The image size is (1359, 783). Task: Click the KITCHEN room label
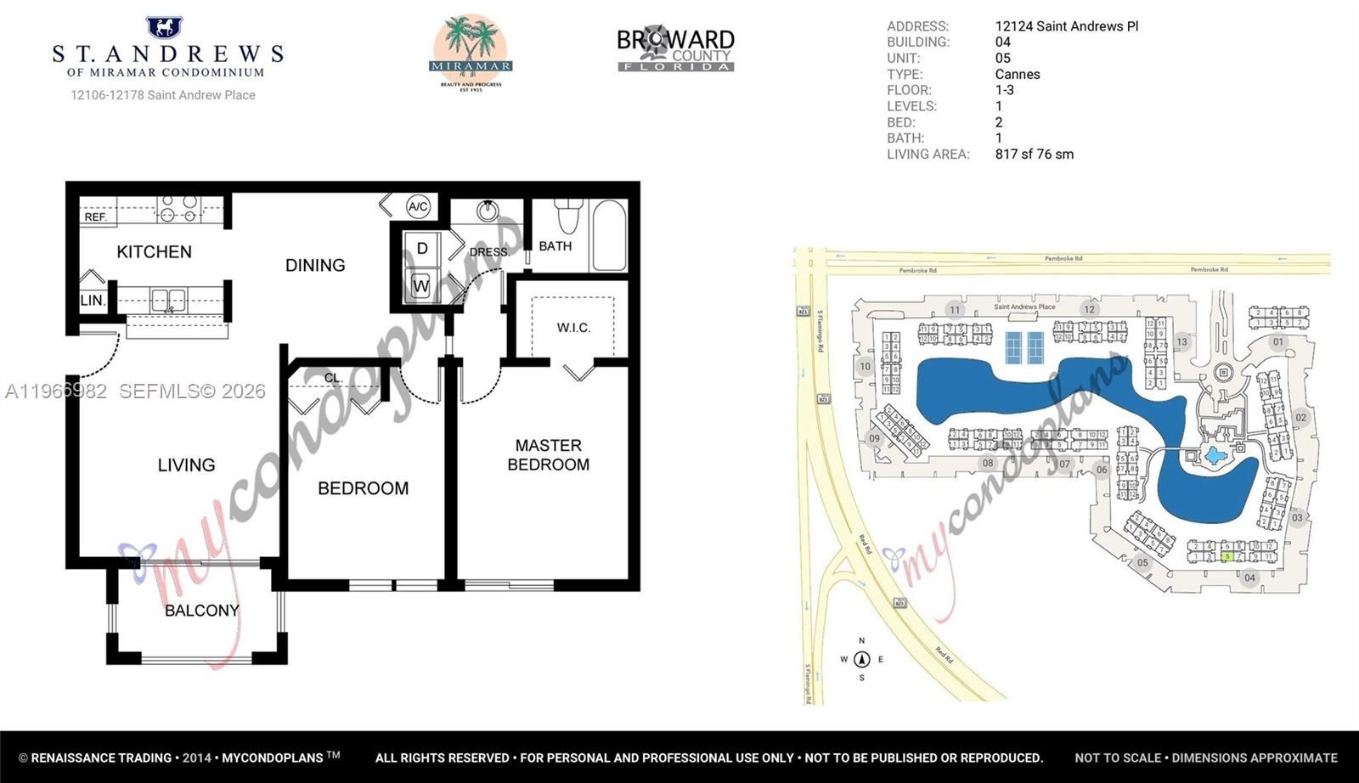(154, 251)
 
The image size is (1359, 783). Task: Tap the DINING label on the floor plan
(315, 265)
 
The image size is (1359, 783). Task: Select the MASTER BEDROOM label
(548, 454)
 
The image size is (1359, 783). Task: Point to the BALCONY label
(201, 611)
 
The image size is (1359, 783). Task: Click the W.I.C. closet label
(573, 328)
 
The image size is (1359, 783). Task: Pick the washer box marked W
(420, 286)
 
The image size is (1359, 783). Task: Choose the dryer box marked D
(421, 248)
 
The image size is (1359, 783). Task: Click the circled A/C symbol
(417, 206)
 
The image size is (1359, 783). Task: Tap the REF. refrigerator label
(95, 217)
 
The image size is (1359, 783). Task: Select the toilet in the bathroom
(567, 216)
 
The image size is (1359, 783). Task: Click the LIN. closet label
(92, 301)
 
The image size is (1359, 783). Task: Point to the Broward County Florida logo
(675, 50)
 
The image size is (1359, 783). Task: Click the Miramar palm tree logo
(470, 52)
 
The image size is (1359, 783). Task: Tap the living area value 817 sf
(1034, 154)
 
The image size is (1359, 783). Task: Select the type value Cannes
(1017, 74)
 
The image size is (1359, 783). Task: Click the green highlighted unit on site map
(1227, 556)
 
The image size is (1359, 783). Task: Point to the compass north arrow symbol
(861, 659)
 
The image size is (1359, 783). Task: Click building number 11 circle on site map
(955, 310)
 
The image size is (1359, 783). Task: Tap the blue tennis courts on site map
(1023, 346)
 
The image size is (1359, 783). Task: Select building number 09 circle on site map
(874, 438)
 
